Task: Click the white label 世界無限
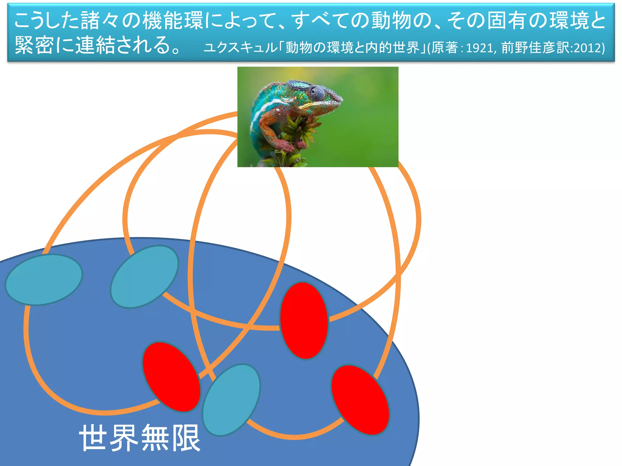140,438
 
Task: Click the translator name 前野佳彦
529,48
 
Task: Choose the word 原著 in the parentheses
445,48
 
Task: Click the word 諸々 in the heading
100,21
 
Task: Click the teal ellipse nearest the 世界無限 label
231,400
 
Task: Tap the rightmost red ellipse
360,400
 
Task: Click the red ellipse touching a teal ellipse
171,377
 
